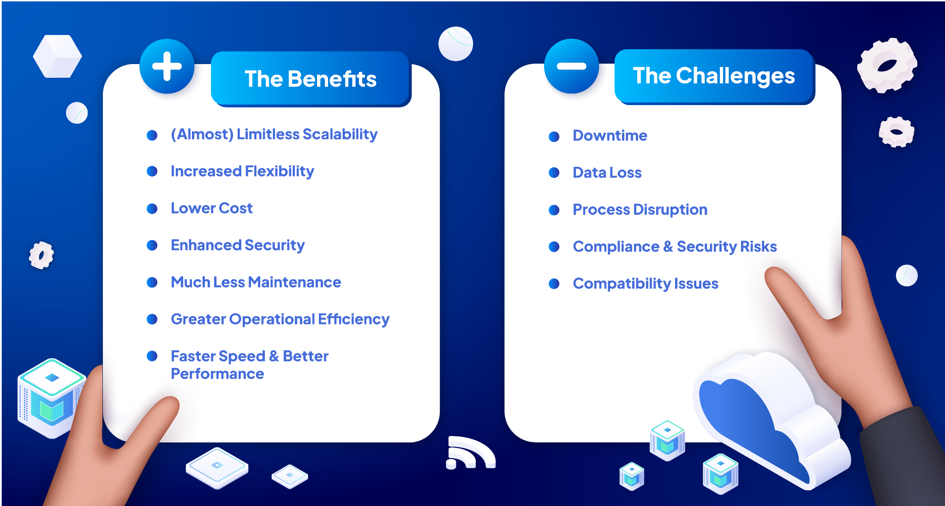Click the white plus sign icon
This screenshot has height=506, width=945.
(167, 66)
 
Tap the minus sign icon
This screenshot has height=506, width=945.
(571, 66)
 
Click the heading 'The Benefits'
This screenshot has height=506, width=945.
(311, 79)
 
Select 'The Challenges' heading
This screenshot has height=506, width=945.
(714, 76)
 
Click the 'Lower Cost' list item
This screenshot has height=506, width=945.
(212, 208)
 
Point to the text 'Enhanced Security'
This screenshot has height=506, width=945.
(238, 245)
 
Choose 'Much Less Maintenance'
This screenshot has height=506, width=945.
(256, 282)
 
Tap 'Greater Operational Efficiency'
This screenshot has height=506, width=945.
(280, 319)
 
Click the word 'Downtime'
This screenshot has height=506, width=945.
(610, 135)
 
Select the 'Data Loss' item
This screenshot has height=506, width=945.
(607, 172)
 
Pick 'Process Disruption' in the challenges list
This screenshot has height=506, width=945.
(640, 210)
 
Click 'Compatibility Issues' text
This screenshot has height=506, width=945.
(646, 283)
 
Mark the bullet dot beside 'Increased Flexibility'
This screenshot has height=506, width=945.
(152, 171)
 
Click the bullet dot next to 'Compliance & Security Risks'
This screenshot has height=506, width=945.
(554, 247)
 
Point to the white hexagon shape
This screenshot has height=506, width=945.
(57, 56)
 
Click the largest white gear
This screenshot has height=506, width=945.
(887, 65)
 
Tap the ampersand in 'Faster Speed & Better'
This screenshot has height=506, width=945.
(274, 356)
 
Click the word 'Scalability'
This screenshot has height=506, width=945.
(340, 135)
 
